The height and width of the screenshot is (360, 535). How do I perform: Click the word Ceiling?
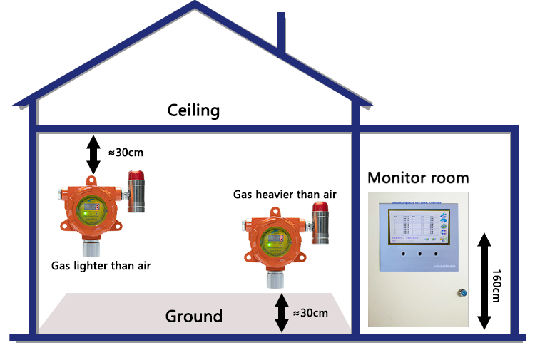point(193,110)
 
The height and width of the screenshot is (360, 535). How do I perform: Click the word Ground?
point(194,316)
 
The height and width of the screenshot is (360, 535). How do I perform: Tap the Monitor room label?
point(418,178)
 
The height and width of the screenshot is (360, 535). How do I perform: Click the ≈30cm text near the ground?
point(310,313)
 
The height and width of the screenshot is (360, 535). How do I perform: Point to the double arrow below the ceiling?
point(93,153)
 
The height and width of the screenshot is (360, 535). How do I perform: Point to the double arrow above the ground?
point(282,313)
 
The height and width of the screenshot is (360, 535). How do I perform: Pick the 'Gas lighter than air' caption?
point(101,266)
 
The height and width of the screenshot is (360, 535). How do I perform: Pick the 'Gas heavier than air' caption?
point(285,194)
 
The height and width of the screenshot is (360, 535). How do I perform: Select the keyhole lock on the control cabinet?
point(461,291)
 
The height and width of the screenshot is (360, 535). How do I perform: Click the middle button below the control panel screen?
point(419,253)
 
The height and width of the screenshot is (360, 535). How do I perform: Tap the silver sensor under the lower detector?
point(273,279)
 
